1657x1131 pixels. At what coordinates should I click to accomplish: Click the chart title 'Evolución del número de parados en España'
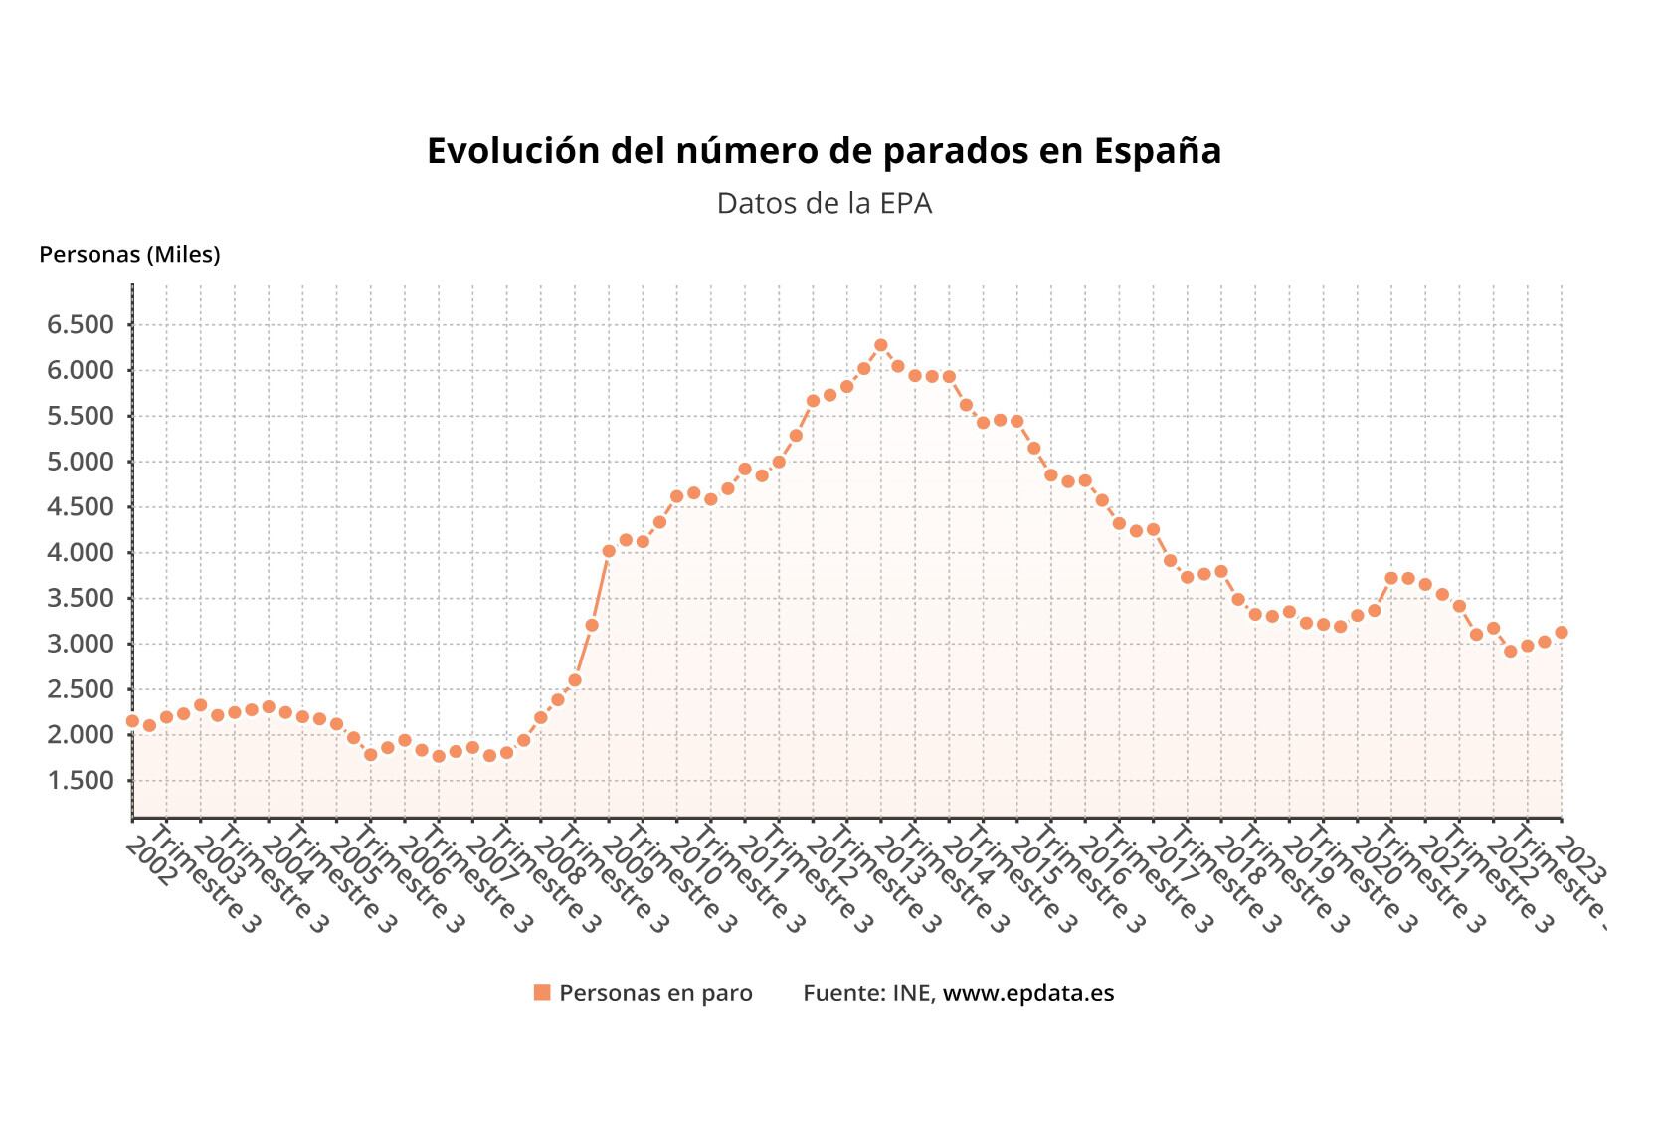click(824, 151)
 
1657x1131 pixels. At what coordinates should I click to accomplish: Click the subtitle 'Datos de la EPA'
click(824, 204)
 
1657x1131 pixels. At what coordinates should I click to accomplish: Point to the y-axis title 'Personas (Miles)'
click(129, 255)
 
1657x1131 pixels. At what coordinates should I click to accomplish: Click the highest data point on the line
click(880, 345)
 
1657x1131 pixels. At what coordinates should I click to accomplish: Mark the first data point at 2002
click(132, 721)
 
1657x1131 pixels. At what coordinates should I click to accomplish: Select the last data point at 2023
click(1562, 633)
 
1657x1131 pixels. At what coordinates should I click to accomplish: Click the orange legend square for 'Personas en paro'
click(542, 993)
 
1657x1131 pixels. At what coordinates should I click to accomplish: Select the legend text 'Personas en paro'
click(655, 993)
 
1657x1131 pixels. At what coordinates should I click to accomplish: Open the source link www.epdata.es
click(1028, 993)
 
